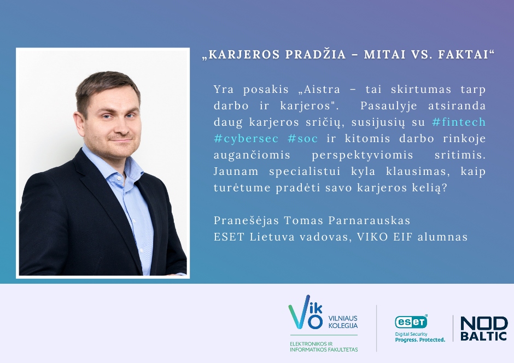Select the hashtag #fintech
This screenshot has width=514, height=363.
459,122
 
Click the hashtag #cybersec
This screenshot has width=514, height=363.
246,138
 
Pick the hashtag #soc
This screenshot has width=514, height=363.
302,138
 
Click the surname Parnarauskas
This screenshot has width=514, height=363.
369,220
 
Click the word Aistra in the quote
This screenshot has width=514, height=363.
317,89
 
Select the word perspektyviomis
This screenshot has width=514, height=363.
362,155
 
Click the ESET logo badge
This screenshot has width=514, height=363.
411,321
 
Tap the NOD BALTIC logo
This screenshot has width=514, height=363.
484,328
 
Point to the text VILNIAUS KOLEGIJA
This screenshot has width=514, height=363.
343,321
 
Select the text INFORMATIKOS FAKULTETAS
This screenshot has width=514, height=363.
324,349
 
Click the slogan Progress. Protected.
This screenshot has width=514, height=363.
420,339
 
